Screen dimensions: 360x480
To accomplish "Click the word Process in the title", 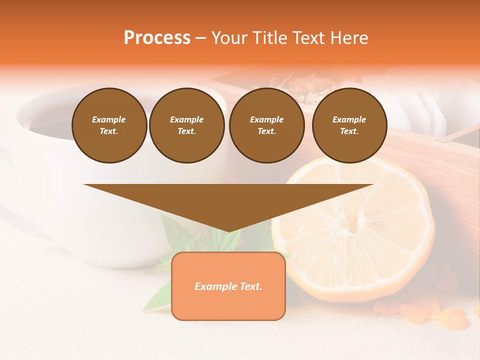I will click(x=157, y=38).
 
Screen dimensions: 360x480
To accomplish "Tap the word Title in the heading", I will click(x=268, y=38).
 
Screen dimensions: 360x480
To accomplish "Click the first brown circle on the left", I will click(x=109, y=125).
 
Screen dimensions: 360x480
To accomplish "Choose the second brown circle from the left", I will click(x=186, y=125).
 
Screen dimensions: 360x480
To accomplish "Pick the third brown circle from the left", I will click(x=266, y=125).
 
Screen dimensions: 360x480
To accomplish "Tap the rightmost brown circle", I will click(x=349, y=125).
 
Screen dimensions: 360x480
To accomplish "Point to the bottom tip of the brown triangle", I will click(x=228, y=231).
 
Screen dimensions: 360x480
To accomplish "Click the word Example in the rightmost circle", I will click(x=349, y=119).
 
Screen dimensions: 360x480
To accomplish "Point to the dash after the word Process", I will click(x=201, y=38).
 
